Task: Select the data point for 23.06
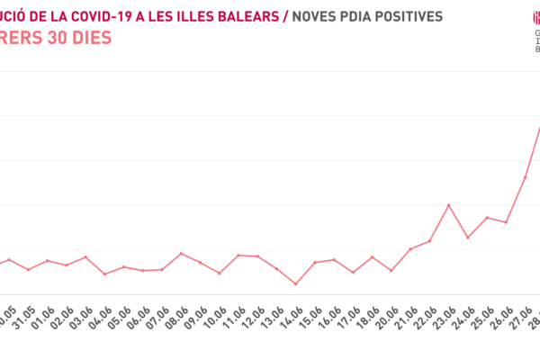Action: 449,205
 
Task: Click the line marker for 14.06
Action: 296,284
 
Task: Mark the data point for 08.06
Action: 182,253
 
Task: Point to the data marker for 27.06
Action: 525,177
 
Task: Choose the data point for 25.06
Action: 487,218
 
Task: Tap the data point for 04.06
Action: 105,274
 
